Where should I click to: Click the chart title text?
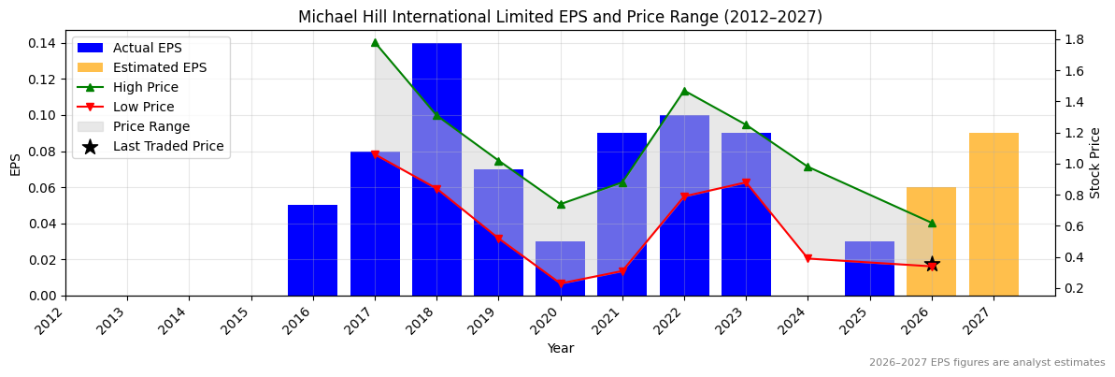[x=560, y=18]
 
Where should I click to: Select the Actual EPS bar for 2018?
[x=436, y=168]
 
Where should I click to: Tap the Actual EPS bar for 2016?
[x=312, y=250]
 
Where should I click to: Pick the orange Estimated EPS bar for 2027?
[x=993, y=214]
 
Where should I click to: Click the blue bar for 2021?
[x=622, y=214]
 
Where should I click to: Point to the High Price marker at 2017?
[x=375, y=42]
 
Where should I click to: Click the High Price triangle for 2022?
[x=684, y=91]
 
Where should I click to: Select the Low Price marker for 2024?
[x=808, y=258]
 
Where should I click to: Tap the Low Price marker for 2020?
[x=560, y=283]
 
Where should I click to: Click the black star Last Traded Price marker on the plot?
[x=932, y=265]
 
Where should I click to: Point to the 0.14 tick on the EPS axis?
[x=43, y=43]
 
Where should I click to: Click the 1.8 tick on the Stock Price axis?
[x=1073, y=39]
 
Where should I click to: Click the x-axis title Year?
[x=560, y=348]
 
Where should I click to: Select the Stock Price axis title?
[x=1095, y=163]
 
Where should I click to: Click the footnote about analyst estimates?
[x=986, y=363]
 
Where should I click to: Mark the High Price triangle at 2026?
[x=932, y=223]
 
